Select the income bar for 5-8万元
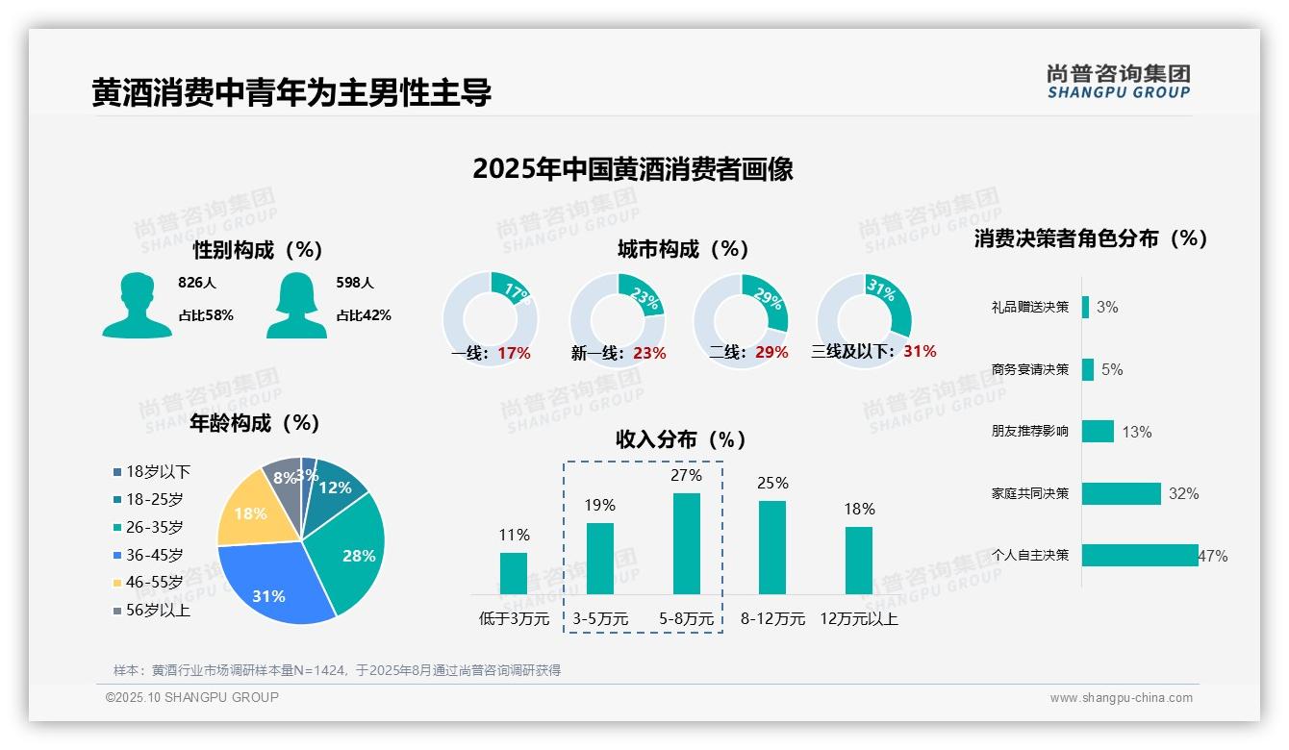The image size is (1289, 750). [x=686, y=543]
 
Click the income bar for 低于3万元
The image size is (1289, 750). [x=514, y=573]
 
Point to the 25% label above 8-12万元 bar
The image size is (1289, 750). [x=772, y=483]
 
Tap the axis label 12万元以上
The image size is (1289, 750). [x=858, y=619]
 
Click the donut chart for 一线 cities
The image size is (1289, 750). [x=490, y=318]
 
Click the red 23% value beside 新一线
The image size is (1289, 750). [x=649, y=353]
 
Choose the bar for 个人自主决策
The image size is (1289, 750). [x=1140, y=555]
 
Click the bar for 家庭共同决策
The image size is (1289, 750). [x=1122, y=493]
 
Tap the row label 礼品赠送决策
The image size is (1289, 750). [x=1029, y=308]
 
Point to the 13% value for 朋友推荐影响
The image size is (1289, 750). [x=1136, y=432]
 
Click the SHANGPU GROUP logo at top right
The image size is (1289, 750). [x=1118, y=82]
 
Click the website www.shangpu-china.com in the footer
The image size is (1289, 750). [x=1121, y=698]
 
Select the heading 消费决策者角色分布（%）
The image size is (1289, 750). [x=1091, y=238]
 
